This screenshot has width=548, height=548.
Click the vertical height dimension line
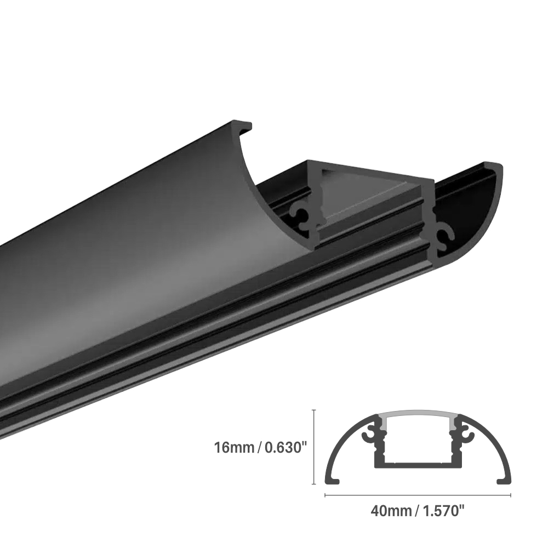313,447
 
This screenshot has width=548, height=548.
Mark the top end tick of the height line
313,409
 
